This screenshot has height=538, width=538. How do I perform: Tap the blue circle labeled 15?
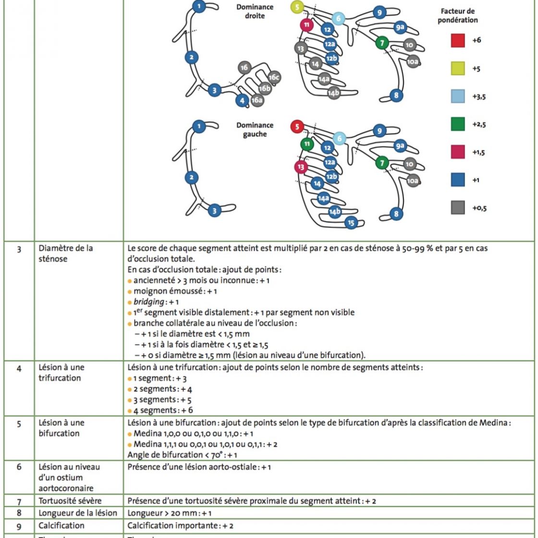pos(351,222)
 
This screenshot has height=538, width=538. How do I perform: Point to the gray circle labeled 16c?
pos(274,77)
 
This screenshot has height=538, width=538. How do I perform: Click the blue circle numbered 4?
pos(243,100)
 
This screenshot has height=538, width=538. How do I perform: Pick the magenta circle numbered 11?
pos(306,24)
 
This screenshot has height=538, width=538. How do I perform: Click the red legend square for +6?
pos(458,40)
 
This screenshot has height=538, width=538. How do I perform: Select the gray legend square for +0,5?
pos(458,208)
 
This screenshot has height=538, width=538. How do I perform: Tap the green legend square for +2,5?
pos(458,124)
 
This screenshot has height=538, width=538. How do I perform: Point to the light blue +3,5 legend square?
pos(458,96)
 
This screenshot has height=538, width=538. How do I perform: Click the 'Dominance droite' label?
pos(255,12)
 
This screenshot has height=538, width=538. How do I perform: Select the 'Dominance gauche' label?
pos(255,130)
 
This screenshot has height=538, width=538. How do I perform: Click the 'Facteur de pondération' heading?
pos(459,15)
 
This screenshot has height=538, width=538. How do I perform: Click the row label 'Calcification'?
pos(58,526)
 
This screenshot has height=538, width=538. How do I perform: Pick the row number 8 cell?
pos(18,513)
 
